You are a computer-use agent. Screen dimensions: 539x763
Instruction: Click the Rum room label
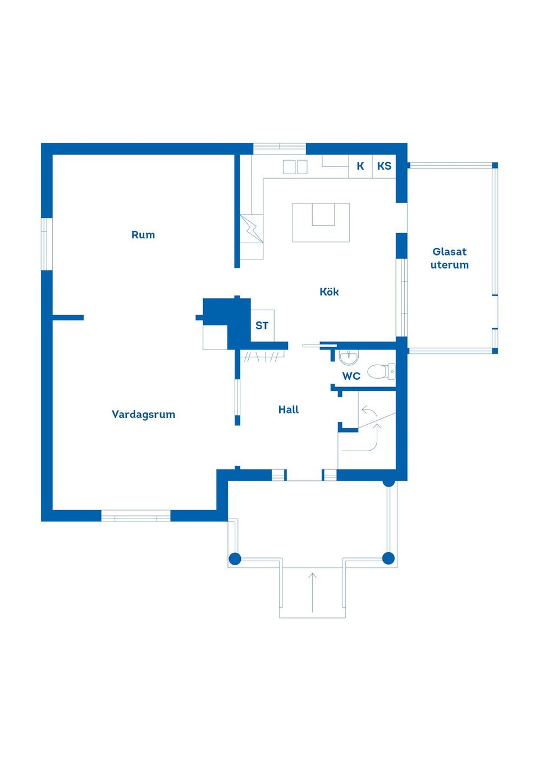coord(143,235)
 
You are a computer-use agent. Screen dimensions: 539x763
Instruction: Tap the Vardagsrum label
coord(143,415)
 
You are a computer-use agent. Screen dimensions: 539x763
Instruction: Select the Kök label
coord(329,292)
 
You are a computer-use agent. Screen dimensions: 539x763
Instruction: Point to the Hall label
coord(289,410)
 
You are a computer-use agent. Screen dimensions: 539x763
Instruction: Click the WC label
coord(351,376)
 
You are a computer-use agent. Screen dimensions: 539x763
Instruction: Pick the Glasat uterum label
coord(450,258)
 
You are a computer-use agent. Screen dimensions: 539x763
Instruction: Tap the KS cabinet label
coord(384,166)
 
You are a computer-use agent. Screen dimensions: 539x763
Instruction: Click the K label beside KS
coord(360,166)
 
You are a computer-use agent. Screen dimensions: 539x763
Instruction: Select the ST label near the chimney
coord(262,326)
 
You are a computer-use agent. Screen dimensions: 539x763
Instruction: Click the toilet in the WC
coord(381,371)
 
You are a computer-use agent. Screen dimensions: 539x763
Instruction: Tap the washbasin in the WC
coord(349,357)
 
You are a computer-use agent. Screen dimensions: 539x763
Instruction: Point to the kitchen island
coord(321,222)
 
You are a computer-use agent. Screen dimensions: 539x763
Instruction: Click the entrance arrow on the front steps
coord(312,592)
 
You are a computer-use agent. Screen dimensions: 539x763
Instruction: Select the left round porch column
coord(235,558)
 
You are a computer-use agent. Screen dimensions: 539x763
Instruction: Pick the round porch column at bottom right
coord(389,558)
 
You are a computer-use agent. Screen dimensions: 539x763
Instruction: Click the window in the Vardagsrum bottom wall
coord(135,515)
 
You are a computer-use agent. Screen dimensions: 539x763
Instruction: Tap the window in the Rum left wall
coord(47,244)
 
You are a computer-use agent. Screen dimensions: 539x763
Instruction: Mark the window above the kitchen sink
coord(280,149)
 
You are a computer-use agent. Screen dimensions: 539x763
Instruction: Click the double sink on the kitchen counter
coord(295,167)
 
